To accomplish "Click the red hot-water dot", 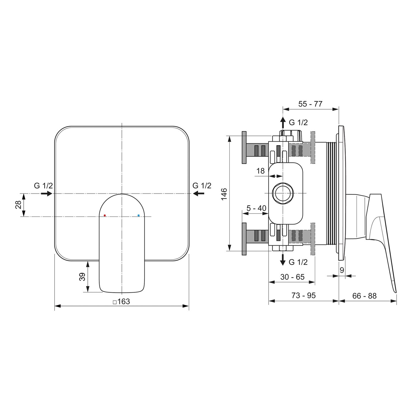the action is pyautogui.click(x=105, y=216).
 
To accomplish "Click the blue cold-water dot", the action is pyautogui.click(x=139, y=216).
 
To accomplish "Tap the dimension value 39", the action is pyautogui.click(x=82, y=277).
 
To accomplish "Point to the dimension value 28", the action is pyautogui.click(x=18, y=205).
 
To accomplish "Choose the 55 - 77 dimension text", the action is pyautogui.click(x=310, y=104).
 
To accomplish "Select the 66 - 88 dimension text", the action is pyautogui.click(x=364, y=296).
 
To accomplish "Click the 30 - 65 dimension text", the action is pyautogui.click(x=292, y=277).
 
